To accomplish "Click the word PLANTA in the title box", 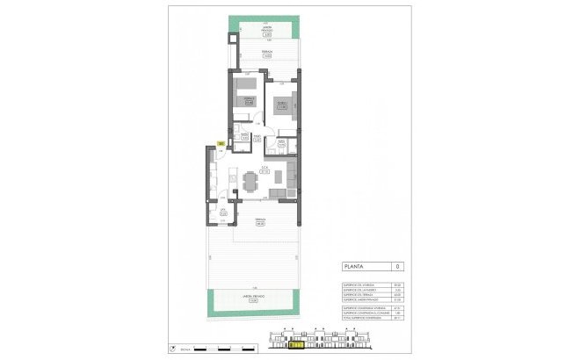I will [x=354, y=265].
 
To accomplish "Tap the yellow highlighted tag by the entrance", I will [x=221, y=143].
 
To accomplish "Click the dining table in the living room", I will [x=249, y=182].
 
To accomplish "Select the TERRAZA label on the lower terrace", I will [x=260, y=220].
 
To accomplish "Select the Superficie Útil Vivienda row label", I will [x=359, y=284].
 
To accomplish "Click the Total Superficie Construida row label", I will [x=359, y=320].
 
